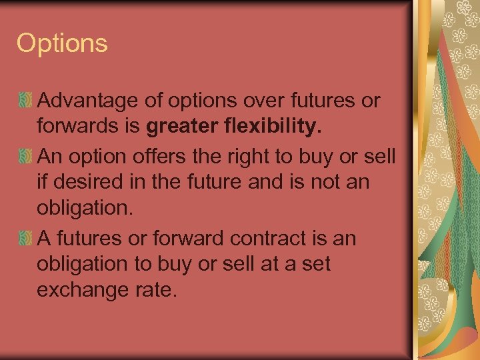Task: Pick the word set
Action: [x=315, y=263]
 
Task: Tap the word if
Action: [x=43, y=181]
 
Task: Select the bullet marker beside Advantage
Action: [x=25, y=102]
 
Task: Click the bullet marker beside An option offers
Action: [x=25, y=157]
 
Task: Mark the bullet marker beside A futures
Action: [x=25, y=239]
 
